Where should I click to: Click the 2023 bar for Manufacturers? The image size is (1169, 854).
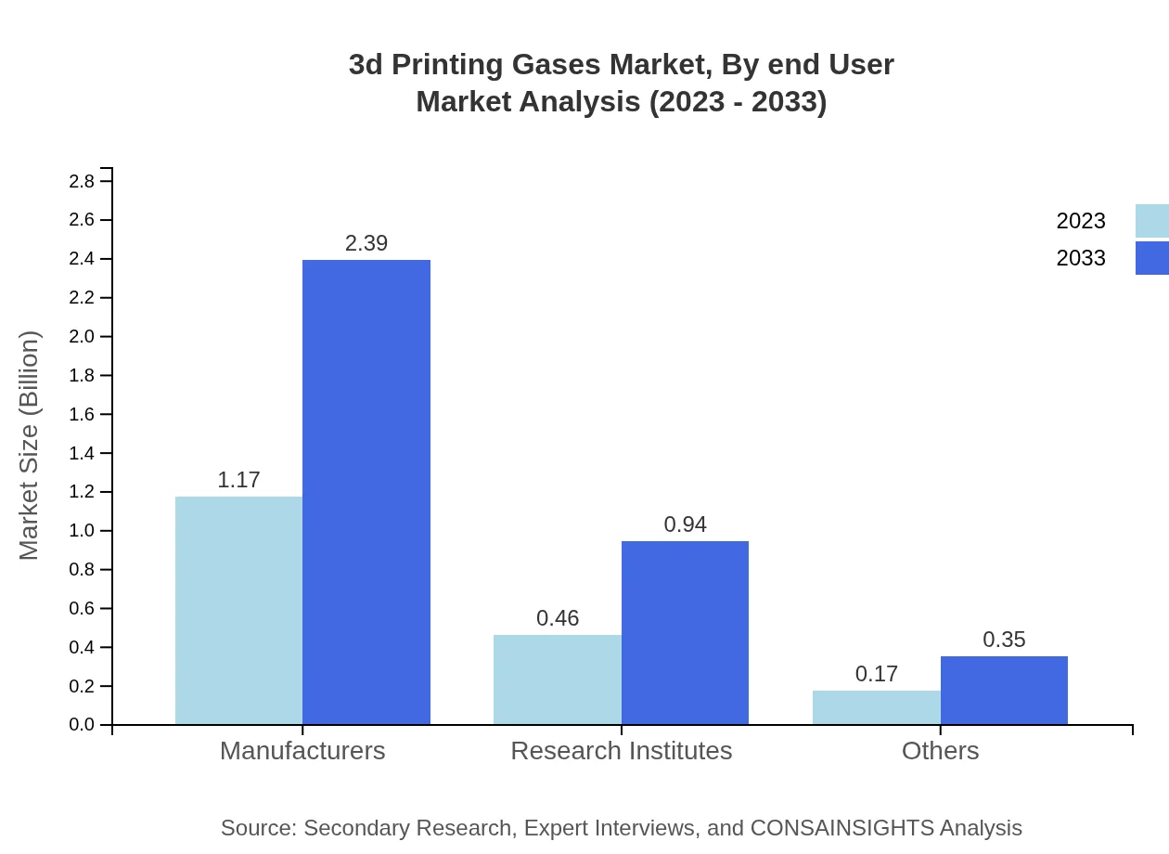click(x=238, y=610)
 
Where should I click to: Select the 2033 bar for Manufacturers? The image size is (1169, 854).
click(x=366, y=492)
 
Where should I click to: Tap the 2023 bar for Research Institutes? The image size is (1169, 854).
click(x=558, y=679)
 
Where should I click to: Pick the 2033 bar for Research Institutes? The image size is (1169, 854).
click(x=685, y=632)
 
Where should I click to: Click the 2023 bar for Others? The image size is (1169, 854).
click(x=877, y=707)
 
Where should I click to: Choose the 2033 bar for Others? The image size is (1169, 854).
click(x=1004, y=690)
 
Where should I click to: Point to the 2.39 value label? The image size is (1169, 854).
click(x=366, y=243)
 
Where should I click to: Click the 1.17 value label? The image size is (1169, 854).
click(x=238, y=480)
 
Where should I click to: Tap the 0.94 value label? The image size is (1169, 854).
click(x=685, y=524)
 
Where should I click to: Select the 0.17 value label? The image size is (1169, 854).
click(x=877, y=674)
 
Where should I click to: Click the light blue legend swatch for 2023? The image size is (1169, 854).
click(x=1151, y=221)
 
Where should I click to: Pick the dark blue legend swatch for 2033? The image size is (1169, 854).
click(x=1151, y=258)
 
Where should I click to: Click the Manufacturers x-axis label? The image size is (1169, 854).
click(x=302, y=750)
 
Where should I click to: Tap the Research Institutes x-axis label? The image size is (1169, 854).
click(x=621, y=750)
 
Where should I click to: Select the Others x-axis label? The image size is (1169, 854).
click(x=940, y=750)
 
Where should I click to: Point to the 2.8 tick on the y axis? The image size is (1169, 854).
click(x=82, y=181)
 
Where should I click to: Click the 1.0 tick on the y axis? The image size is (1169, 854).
click(x=82, y=531)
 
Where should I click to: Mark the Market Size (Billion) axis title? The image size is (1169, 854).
click(x=29, y=446)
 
